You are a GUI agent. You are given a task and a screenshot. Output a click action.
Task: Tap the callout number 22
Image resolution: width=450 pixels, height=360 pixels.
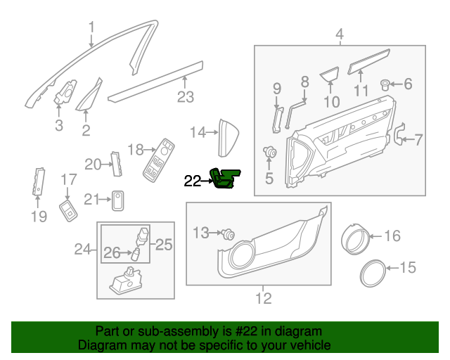[192, 181]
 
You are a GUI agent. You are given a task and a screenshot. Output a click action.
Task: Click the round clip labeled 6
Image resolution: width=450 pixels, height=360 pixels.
[386, 85]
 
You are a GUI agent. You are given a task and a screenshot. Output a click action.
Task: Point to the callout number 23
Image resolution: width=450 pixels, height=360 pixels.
[185, 97]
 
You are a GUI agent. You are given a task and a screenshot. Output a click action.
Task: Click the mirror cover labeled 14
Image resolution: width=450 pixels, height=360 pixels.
[229, 136]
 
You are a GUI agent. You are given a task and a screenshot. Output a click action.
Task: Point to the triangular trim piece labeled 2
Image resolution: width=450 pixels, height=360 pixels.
[91, 98]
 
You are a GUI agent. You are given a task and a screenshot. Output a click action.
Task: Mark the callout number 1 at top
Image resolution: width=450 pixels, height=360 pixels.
[91, 27]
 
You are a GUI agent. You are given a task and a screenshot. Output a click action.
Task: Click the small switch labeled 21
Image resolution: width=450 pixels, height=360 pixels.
[119, 200]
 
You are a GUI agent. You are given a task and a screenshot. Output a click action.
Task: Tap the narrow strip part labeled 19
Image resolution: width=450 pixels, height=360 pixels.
[38, 181]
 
